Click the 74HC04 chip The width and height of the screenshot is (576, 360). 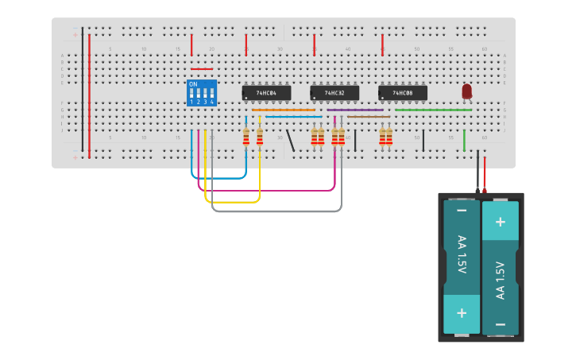click(x=266, y=93)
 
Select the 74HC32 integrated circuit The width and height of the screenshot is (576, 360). click(x=334, y=93)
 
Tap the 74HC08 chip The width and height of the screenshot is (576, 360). click(x=403, y=93)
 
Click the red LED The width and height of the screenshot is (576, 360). click(x=466, y=91)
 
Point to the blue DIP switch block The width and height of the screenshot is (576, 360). click(x=202, y=92)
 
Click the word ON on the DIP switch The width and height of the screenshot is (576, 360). click(x=193, y=84)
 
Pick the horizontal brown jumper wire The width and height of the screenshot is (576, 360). click(x=369, y=117)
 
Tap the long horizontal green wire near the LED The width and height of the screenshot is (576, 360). click(x=433, y=110)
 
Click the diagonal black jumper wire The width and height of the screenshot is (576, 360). click(x=291, y=141)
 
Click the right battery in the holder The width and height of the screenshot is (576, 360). click(x=501, y=268)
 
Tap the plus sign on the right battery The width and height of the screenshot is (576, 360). click(x=501, y=222)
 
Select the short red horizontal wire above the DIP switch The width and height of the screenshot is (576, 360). click(x=202, y=69)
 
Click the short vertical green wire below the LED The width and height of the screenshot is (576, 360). click(x=465, y=141)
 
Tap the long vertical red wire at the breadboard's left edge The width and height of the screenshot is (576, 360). click(x=89, y=95)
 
